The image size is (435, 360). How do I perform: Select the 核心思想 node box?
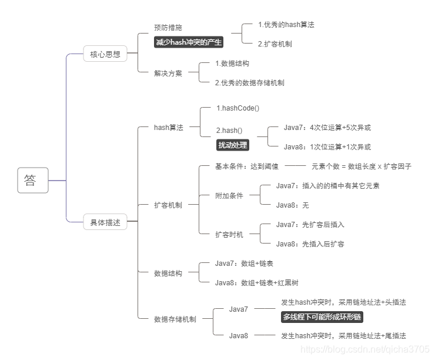click(105, 54)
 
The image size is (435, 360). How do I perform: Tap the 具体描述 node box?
click(105, 222)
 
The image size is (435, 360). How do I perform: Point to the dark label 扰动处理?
click(233, 145)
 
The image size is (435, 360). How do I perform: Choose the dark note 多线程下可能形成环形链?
click(322, 317)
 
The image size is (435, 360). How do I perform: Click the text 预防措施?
click(168, 28)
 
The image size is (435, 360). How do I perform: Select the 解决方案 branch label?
click(168, 74)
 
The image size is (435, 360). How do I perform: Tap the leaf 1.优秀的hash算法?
click(286, 25)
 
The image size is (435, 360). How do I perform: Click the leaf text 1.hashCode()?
click(237, 108)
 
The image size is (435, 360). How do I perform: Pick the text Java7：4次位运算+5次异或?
click(327, 128)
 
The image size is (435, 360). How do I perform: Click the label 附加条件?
click(229, 195)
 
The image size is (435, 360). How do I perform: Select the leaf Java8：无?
click(292, 205)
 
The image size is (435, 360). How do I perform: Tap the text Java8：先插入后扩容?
click(310, 244)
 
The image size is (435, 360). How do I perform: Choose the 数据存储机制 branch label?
click(175, 319)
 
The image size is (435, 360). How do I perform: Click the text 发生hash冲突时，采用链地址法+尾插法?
click(343, 336)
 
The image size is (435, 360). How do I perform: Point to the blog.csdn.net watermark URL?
click(365, 349)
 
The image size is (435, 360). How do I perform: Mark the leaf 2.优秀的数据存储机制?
click(250, 83)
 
